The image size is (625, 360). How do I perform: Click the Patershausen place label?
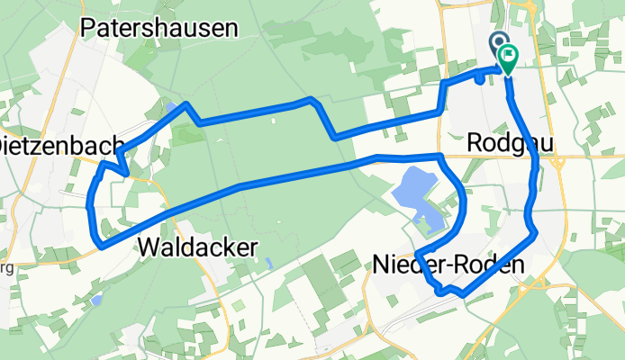click(x=159, y=28)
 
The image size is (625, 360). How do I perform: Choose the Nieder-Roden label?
click(x=436, y=263)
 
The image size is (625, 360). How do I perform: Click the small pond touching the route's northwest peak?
click(x=171, y=110)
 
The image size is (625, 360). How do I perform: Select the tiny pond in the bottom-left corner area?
click(x=97, y=296)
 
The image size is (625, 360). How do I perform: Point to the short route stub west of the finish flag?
click(x=478, y=77)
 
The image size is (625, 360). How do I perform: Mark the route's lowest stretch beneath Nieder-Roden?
click(x=450, y=292)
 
